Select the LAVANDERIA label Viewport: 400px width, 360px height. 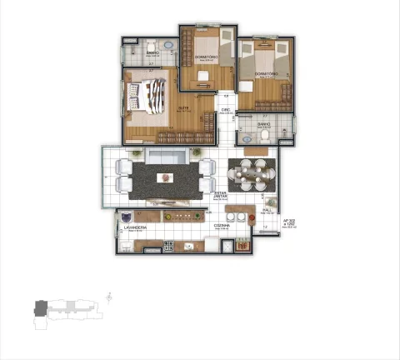135,227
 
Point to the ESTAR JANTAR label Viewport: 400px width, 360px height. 221,197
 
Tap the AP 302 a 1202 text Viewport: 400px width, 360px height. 291,223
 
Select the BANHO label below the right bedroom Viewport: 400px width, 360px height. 263,125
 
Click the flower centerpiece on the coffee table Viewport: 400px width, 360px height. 165,177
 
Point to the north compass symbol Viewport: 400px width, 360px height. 111,296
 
